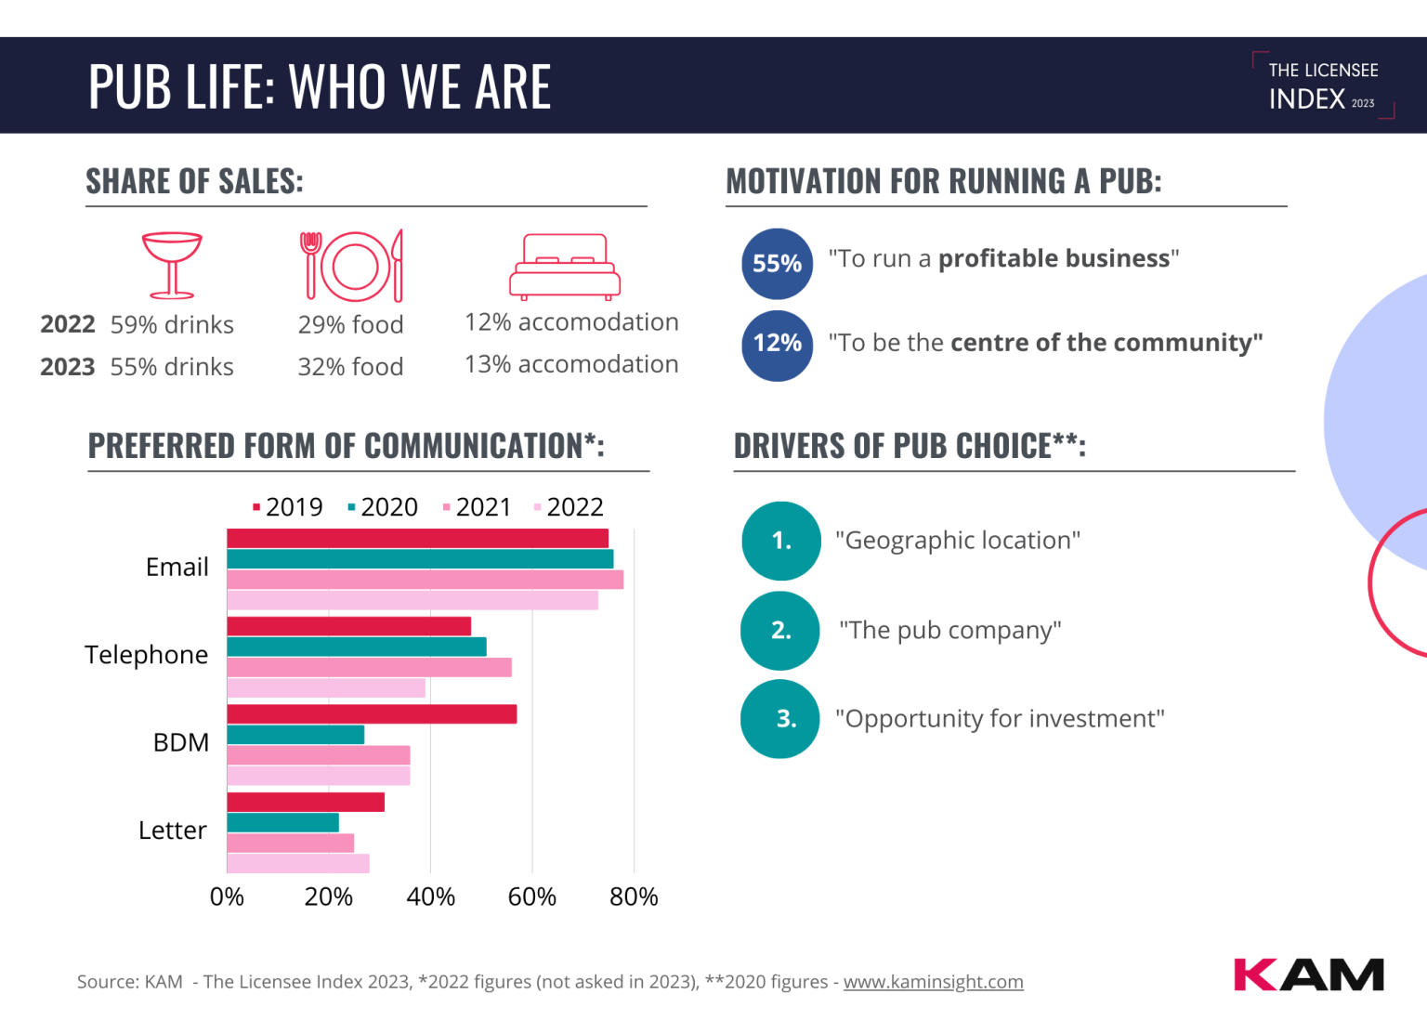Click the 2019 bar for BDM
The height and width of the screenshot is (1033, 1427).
[x=372, y=714]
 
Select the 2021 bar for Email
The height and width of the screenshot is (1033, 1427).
[x=425, y=580]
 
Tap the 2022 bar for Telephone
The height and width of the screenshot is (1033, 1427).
[x=326, y=688]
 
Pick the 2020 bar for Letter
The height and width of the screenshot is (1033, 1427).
[x=282, y=823]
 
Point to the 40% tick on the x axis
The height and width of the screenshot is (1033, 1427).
[x=430, y=896]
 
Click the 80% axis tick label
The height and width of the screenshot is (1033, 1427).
[x=634, y=896]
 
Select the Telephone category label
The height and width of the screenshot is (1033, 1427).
[x=147, y=655]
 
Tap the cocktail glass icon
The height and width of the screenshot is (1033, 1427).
[x=172, y=265]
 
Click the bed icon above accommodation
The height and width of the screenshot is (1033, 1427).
[x=565, y=267]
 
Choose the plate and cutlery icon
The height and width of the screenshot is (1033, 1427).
[x=352, y=266]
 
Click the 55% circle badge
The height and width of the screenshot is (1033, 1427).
[x=777, y=264]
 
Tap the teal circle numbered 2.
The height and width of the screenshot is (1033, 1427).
[x=780, y=631]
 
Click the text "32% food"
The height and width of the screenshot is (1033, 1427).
[x=350, y=367]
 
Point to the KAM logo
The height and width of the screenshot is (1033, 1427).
[x=1308, y=974]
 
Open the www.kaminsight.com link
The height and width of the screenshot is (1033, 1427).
[x=933, y=982]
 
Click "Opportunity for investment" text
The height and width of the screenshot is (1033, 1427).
[x=1000, y=719]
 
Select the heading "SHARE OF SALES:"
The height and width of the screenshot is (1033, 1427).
[x=195, y=181]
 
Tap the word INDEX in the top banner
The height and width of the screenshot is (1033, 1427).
[x=1307, y=99]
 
